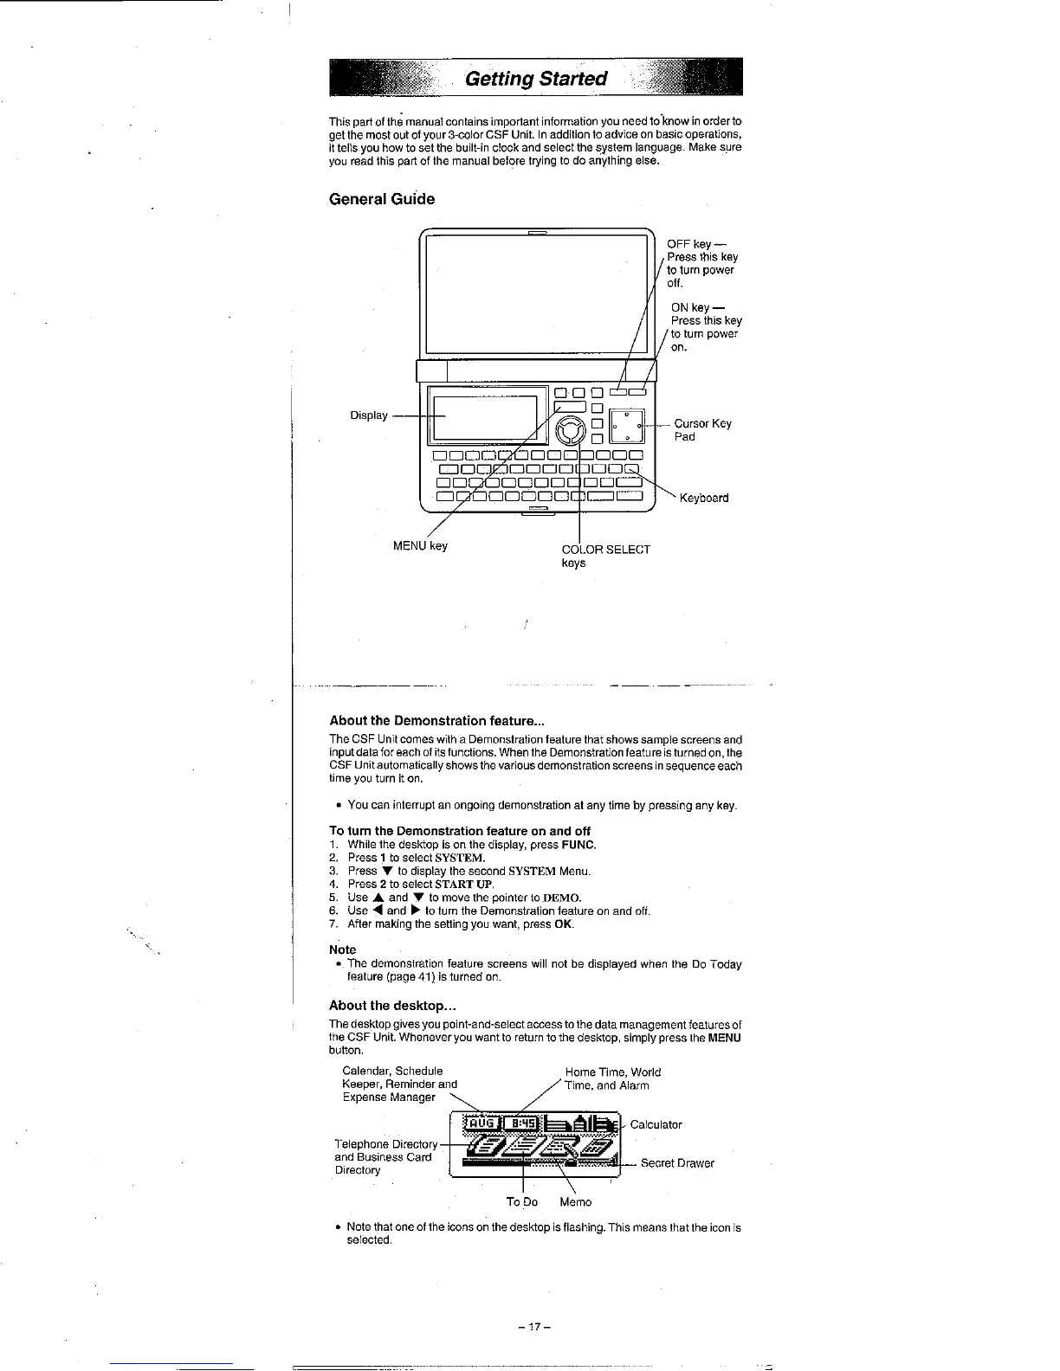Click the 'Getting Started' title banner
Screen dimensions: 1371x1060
(x=536, y=79)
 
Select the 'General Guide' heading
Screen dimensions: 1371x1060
(x=382, y=199)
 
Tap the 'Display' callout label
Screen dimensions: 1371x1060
(x=369, y=415)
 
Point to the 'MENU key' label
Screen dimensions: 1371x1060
(x=420, y=545)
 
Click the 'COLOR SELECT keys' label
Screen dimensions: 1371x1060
(x=605, y=556)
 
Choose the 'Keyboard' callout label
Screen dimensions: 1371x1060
(x=703, y=498)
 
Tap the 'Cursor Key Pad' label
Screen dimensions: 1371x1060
(x=702, y=429)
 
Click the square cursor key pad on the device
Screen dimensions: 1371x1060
(x=627, y=424)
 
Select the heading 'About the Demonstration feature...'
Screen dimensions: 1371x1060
(x=436, y=720)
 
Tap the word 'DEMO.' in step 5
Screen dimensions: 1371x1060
(x=562, y=898)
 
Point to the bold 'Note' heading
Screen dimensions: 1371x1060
(x=342, y=949)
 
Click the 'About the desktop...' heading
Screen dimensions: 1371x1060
(x=392, y=1006)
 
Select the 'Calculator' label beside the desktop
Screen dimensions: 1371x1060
(x=656, y=1124)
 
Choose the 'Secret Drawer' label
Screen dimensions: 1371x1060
(x=677, y=1163)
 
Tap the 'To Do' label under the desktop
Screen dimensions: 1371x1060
(x=521, y=1201)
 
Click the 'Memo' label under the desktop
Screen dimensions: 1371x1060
(x=575, y=1201)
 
